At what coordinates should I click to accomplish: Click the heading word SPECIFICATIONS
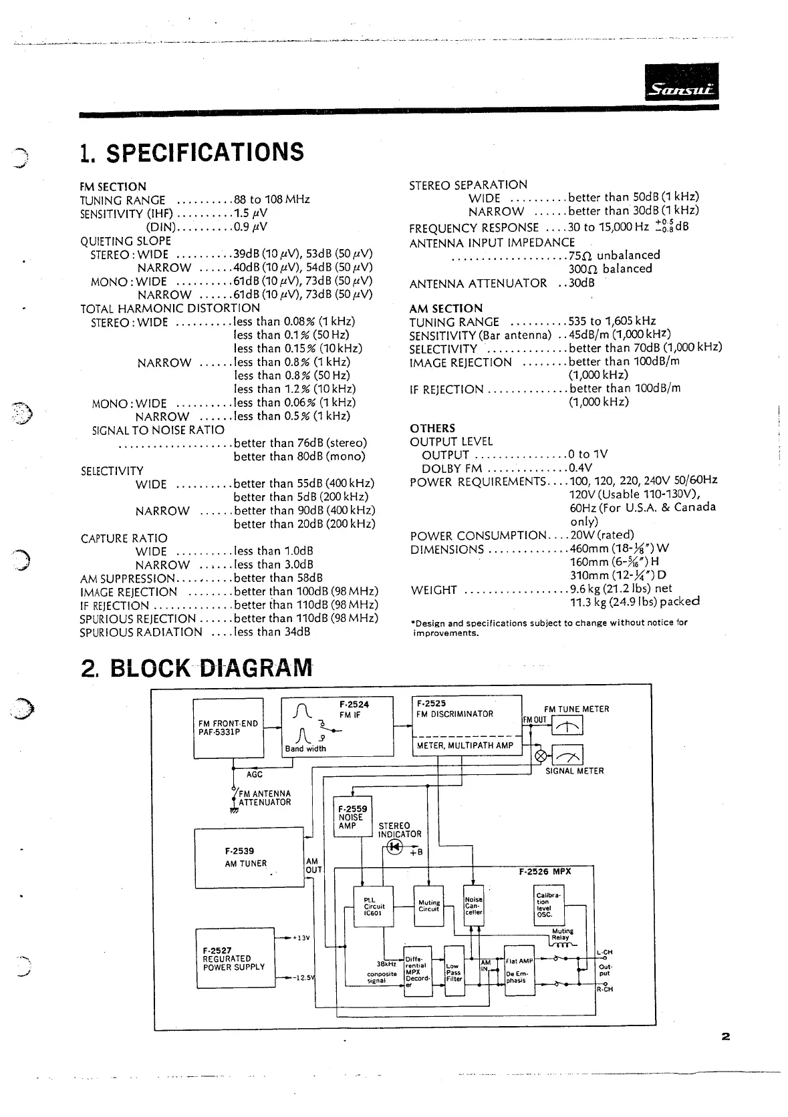pyautogui.click(x=205, y=153)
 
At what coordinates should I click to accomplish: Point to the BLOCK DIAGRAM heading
pyautogui.click(x=210, y=667)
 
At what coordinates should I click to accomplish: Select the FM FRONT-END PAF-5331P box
pyautogui.click(x=228, y=728)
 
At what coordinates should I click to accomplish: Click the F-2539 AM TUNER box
pyautogui.click(x=248, y=858)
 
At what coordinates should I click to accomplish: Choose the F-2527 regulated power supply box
pyautogui.click(x=235, y=958)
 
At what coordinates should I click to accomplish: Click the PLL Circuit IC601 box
pyautogui.click(x=373, y=907)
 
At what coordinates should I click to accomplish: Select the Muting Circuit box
pyautogui.click(x=428, y=905)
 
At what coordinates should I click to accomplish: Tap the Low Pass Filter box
pyautogui.click(x=454, y=971)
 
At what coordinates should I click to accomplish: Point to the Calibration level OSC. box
pyautogui.click(x=549, y=905)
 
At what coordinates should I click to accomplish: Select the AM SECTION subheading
pyautogui.click(x=446, y=309)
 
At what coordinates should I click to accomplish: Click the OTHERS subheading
pyautogui.click(x=432, y=428)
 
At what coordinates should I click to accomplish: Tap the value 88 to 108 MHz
pyautogui.click(x=271, y=200)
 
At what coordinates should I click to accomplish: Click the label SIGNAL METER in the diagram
pyautogui.click(x=574, y=771)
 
